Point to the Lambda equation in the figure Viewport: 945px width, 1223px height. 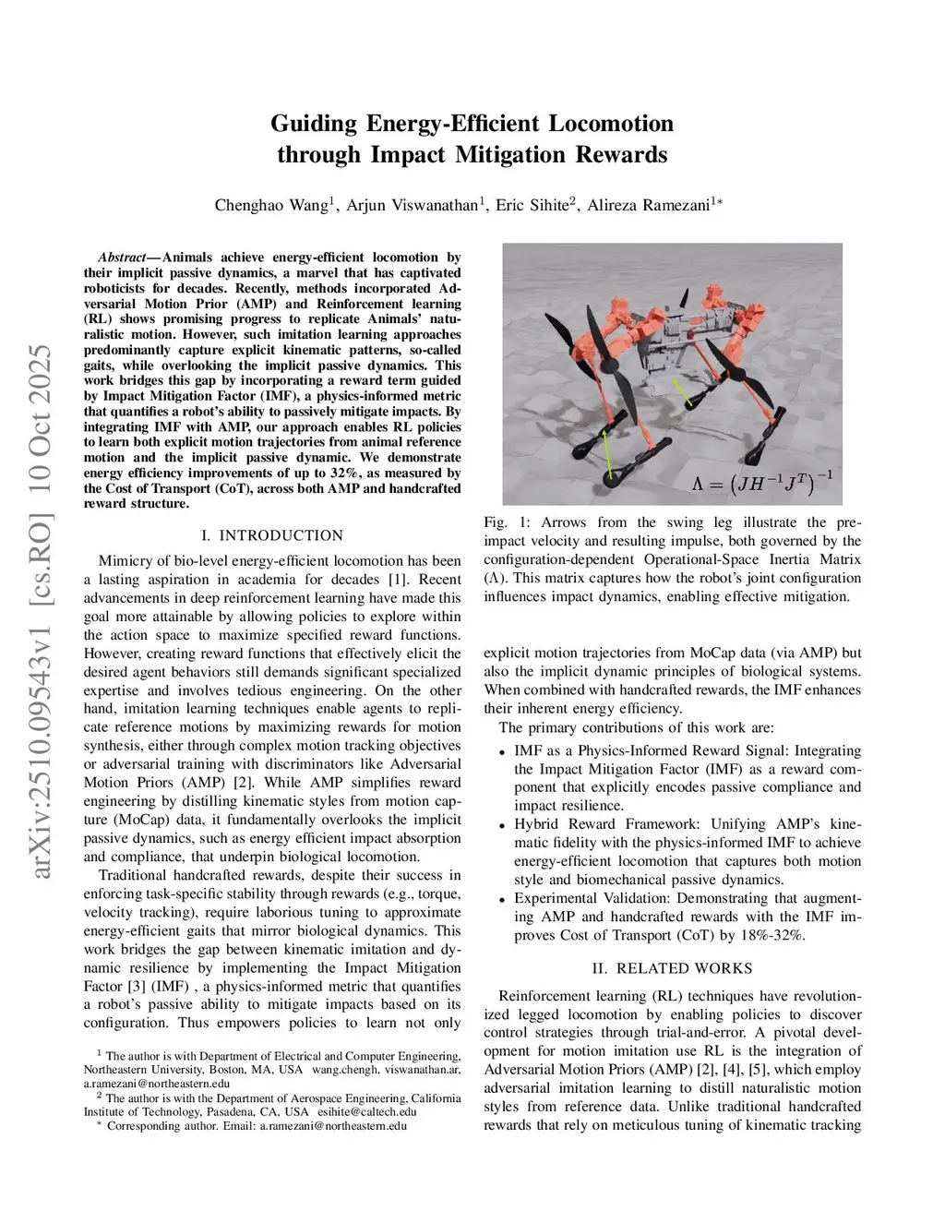762,480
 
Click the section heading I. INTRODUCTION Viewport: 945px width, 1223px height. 271,535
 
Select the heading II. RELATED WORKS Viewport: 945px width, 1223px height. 672,968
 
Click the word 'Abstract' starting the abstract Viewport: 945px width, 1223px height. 124,258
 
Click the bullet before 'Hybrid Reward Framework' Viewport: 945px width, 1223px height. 502,826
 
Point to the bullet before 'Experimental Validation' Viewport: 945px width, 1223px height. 502,900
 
